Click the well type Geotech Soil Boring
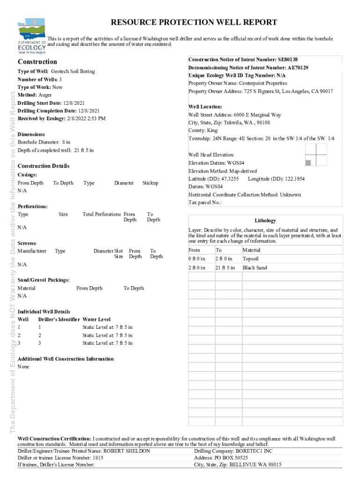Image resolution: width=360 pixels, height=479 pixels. click(x=72, y=72)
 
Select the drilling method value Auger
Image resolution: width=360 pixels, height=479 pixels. click(x=45, y=95)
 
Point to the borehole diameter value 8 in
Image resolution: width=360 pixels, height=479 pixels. click(x=65, y=142)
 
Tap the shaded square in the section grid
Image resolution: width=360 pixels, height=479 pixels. click(x=308, y=162)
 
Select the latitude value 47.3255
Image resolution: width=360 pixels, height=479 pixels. click(x=230, y=179)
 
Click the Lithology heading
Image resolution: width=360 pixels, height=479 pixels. click(x=265, y=221)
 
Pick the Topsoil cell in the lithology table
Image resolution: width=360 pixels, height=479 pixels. click(x=251, y=259)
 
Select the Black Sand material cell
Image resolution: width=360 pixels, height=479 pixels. click(x=255, y=268)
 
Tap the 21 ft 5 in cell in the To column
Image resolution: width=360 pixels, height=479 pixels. click(x=225, y=268)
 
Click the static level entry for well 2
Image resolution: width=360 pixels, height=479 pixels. click(x=108, y=335)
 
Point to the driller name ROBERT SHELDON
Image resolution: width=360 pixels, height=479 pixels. click(x=127, y=451)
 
